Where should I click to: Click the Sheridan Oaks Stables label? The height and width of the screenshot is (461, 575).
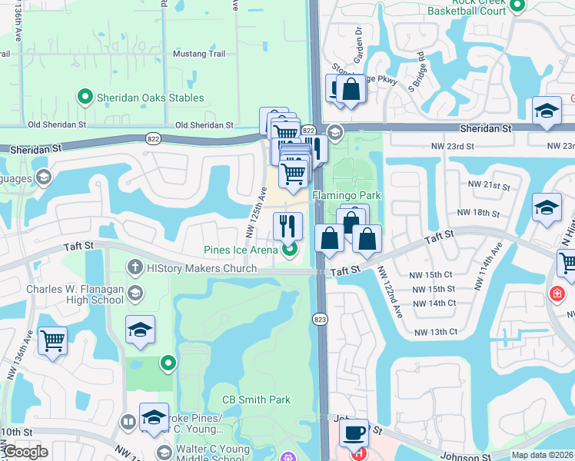(150, 98)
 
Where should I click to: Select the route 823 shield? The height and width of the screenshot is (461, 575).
(321, 318)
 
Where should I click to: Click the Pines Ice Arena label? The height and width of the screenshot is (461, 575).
(240, 249)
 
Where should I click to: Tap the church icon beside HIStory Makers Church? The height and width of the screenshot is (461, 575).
(135, 267)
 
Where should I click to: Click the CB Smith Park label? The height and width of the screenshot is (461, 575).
(257, 400)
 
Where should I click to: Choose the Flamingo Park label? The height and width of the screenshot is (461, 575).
(346, 195)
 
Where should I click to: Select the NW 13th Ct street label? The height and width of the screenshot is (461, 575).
(436, 332)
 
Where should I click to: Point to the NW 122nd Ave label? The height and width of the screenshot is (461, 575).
(389, 293)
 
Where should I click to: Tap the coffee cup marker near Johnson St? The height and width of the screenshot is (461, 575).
(354, 431)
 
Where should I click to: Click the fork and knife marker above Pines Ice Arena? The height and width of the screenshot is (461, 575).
(288, 225)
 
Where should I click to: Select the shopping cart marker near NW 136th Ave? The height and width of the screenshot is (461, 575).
(52, 340)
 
